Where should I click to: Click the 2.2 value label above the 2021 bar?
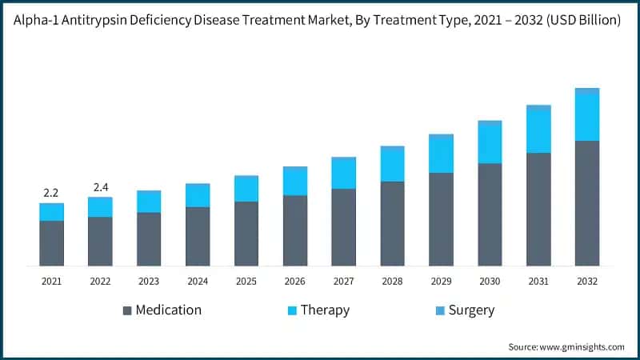51,193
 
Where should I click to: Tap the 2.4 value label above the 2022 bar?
100,187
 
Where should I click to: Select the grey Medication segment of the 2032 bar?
587,203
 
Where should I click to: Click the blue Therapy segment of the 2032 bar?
587,118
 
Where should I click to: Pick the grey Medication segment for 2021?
51,243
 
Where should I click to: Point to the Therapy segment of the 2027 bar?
344,174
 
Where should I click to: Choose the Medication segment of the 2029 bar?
441,219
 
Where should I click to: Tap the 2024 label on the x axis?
198,281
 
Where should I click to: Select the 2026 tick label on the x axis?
295,281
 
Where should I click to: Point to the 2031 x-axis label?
538,281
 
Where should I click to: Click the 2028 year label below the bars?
392,281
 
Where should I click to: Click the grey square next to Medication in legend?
127,310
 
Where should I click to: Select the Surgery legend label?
471,310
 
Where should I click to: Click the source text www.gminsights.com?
582,346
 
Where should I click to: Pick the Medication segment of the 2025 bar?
246,234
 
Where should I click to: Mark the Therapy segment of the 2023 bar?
149,202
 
